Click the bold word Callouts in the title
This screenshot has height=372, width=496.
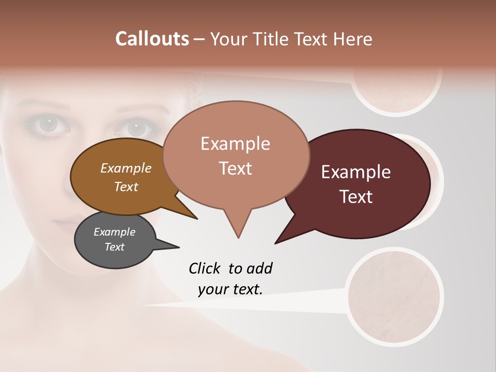coord(152,39)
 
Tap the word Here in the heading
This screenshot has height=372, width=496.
coord(351,39)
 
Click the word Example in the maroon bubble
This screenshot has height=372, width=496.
coord(356,172)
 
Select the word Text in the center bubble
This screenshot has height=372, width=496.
coord(236,168)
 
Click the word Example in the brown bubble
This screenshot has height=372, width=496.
coord(126,168)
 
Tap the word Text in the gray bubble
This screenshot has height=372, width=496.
coord(115,247)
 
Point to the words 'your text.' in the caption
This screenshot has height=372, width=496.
coord(230,289)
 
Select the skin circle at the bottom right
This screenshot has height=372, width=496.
coord(395,297)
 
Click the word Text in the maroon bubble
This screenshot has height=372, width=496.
coord(357,197)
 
